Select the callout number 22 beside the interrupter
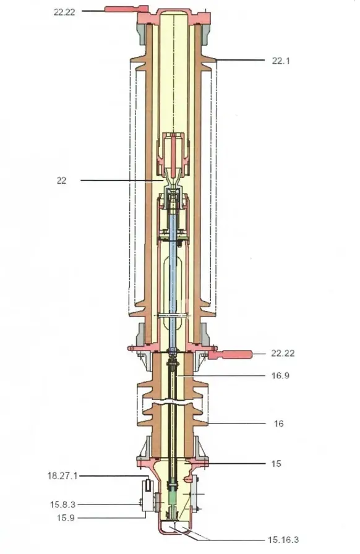pos(62,181)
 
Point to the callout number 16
pos(279,424)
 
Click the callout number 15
pos(277,463)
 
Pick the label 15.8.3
pos(63,505)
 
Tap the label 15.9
pos(63,517)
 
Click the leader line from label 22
pos(118,181)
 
